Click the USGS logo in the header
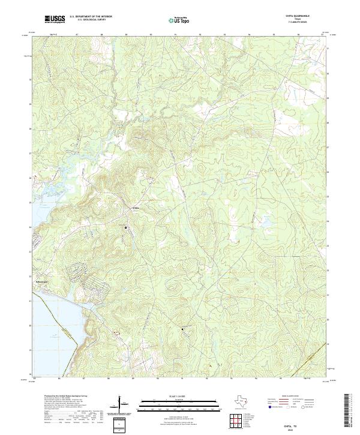(x=55, y=19)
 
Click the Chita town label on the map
(x=136, y=208)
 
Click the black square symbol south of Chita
(x=126, y=228)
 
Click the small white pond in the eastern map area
(x=264, y=226)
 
